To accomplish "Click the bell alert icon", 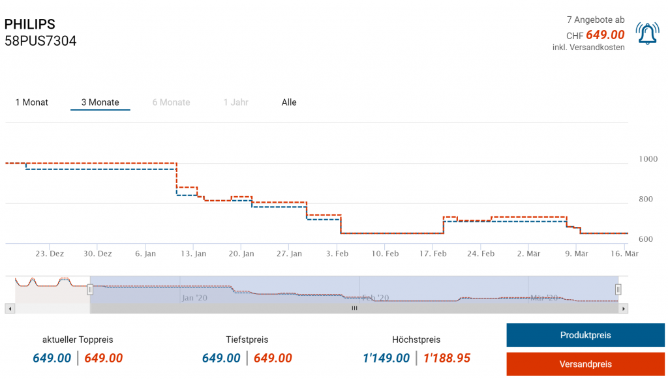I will point(647,34).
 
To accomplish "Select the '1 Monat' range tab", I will point(32,102).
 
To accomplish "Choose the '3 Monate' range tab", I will point(100,102).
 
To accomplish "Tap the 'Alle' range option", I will point(289,102).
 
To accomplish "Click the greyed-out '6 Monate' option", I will point(171,102).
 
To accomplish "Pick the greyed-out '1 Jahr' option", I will point(235,102).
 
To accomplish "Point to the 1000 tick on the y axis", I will point(648,159).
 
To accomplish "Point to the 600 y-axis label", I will point(645,239).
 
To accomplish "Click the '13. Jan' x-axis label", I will point(193,254).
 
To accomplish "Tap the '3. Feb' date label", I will point(337,254).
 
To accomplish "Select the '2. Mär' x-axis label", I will point(529,254).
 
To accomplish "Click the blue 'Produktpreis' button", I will point(585,335).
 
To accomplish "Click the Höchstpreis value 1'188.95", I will point(446,358).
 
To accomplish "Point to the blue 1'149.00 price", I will point(386,358).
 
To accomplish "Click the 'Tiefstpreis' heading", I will point(247,340).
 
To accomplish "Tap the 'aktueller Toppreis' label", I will point(78,340).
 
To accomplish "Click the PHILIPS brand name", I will point(30,24).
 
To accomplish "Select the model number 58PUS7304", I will point(40,41).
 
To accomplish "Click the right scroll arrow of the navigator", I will point(624,308).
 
